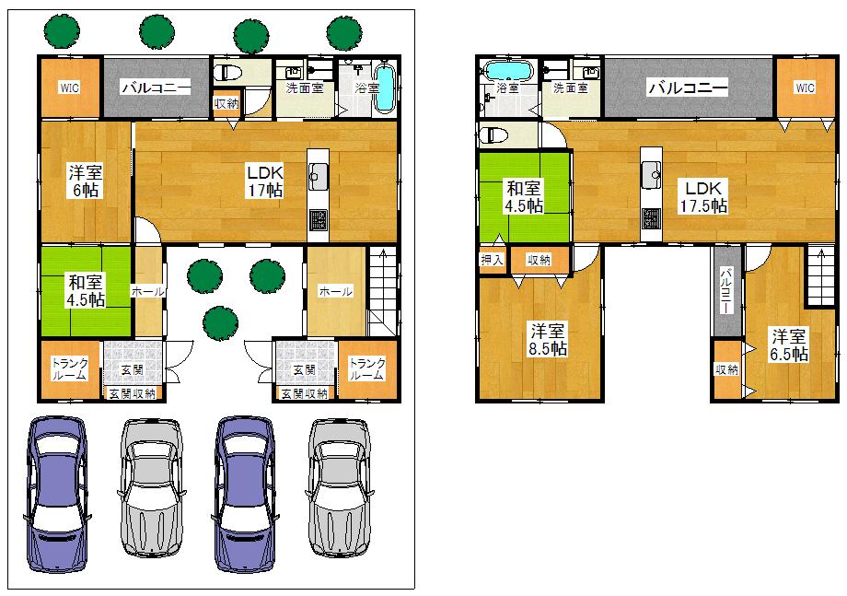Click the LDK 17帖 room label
pos(263,181)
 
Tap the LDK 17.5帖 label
pos(702,195)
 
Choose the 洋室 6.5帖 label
pos(789,345)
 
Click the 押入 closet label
pos(492,260)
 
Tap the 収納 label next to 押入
pos(539,260)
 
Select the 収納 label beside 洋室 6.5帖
pos(725,369)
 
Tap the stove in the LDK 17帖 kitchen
pos(318,220)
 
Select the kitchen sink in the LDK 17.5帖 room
pos(652,171)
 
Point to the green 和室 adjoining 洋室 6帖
pos(85,290)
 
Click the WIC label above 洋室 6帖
pos(69,88)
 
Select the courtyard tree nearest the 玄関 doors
pos(218,321)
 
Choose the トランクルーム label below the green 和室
pos(69,369)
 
